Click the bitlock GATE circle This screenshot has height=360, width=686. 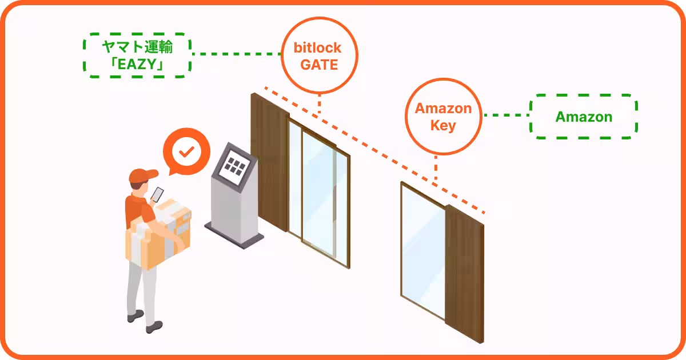click(319, 56)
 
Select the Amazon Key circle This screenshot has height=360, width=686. click(443, 117)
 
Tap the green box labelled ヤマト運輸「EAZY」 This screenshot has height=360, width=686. click(137, 56)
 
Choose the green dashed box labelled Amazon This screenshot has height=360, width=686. click(584, 117)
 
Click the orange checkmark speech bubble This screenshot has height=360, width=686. click(186, 152)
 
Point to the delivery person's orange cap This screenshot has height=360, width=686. click(143, 175)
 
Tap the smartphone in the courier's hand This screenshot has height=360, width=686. click(157, 193)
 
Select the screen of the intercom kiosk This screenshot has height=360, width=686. click(234, 165)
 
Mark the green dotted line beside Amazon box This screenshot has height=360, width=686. click(506, 115)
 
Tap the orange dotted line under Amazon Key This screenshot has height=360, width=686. click(436, 169)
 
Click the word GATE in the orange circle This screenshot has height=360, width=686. click(319, 65)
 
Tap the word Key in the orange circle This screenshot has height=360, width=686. click(443, 126)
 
